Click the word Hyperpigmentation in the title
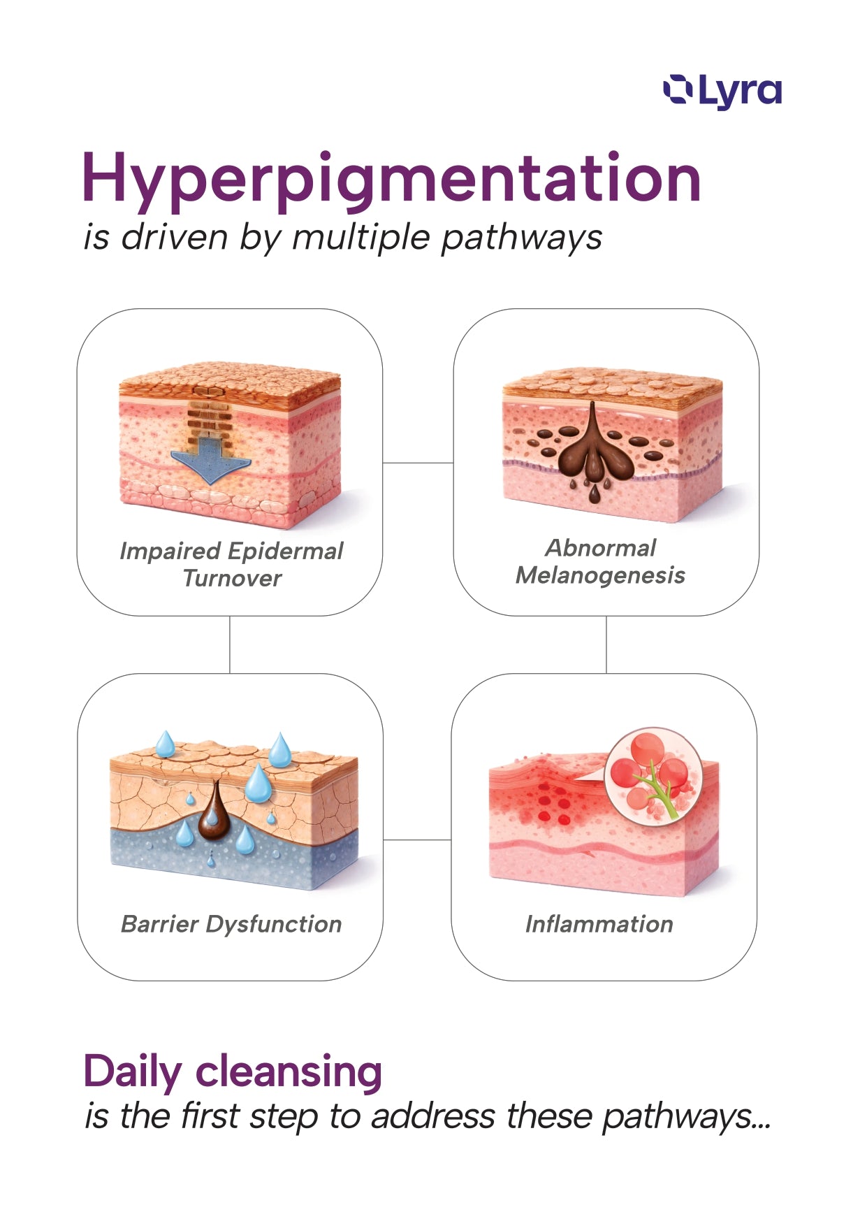click(391, 179)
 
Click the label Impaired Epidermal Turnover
click(231, 564)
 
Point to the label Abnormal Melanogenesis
click(600, 561)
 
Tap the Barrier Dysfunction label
click(231, 924)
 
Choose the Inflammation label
click(599, 924)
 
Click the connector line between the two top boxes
click(418, 463)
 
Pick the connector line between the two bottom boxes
click(417, 840)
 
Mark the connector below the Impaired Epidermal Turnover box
click(230, 644)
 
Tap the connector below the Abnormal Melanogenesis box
click(606, 644)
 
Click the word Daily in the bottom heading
click(133, 1072)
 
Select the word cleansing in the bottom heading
click(289, 1072)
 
